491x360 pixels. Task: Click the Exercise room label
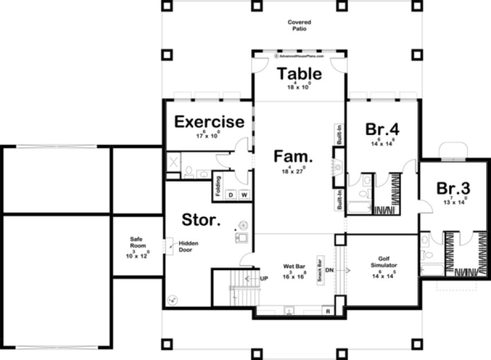[x=209, y=121]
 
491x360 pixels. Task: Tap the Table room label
[x=299, y=73]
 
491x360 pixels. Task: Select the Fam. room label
[x=294, y=157]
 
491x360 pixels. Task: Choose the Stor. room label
[x=201, y=220]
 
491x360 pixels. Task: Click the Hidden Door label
[x=188, y=246]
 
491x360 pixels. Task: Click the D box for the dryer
[x=231, y=194]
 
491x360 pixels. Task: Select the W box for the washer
[x=244, y=194]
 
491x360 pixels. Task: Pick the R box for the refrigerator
[x=328, y=311]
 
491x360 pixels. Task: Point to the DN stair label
[x=329, y=269]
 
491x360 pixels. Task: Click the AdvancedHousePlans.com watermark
[x=299, y=56]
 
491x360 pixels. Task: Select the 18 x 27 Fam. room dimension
[x=294, y=171]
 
